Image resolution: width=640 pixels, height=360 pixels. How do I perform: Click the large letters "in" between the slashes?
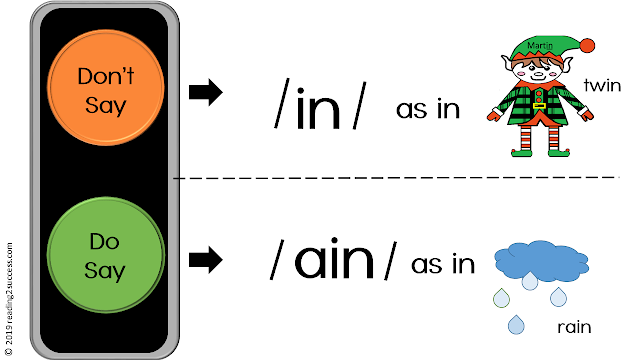pyautogui.click(x=318, y=108)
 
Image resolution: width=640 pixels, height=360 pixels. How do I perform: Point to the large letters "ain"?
pyautogui.click(x=333, y=262)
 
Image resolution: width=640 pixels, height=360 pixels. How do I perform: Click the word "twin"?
pyautogui.click(x=602, y=86)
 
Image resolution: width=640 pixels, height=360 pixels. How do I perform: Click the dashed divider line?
pyautogui.click(x=400, y=178)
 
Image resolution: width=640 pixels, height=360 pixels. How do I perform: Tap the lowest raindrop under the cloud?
pyautogui.click(x=516, y=324)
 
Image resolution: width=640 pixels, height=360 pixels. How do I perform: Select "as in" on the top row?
pyautogui.click(x=428, y=110)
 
